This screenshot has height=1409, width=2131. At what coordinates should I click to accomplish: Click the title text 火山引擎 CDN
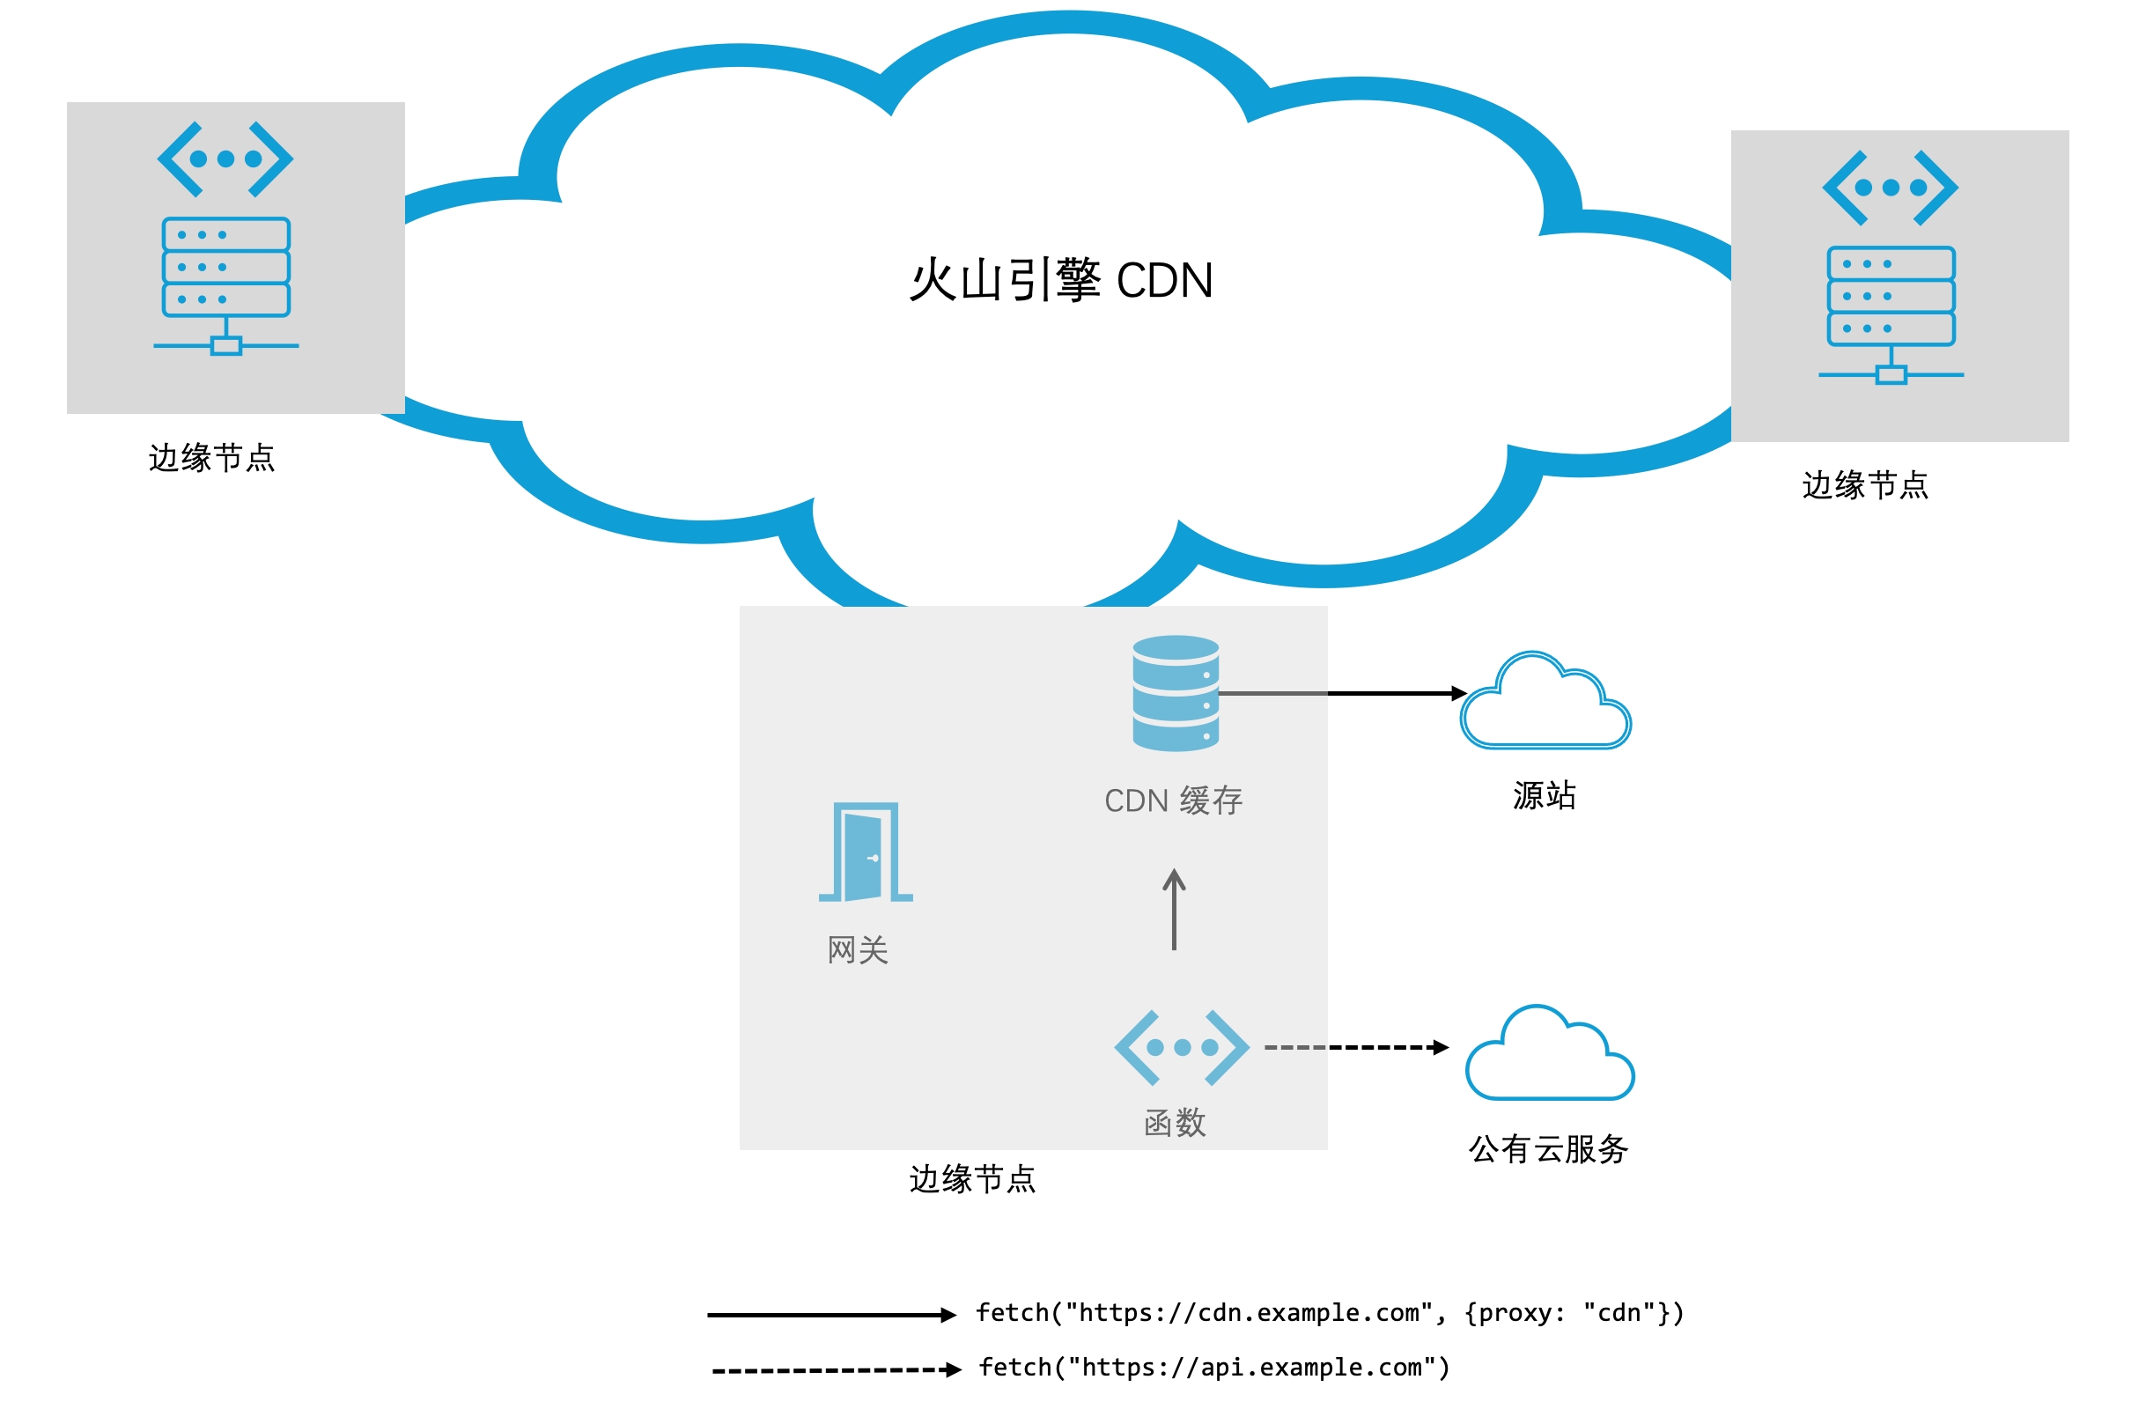coord(1060,279)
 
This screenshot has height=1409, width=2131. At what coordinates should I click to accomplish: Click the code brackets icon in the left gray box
coord(225,159)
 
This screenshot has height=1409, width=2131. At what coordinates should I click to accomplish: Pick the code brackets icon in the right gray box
coord(1890,188)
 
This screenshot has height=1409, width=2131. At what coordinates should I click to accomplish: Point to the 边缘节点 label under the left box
coord(212,457)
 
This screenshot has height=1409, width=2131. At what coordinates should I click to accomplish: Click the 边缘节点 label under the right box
coord(1865,485)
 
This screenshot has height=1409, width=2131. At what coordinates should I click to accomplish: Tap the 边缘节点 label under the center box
coord(972,1179)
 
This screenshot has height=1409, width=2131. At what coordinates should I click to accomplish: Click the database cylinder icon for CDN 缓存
coord(1175,693)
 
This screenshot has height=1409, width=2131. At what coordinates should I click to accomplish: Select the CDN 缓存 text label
coord(1173,800)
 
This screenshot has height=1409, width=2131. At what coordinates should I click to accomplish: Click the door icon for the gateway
coord(865,852)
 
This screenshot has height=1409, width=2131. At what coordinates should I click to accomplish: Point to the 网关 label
coord(858,950)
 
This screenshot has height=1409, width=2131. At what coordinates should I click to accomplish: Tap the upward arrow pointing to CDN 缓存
coord(1173,910)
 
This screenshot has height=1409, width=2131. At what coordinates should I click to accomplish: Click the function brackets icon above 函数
coord(1182,1047)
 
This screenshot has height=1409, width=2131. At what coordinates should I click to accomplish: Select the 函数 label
coord(1175,1122)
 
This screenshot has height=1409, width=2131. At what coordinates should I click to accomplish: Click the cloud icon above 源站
coord(1545,703)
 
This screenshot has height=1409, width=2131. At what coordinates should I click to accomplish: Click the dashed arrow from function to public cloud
coord(1355,1047)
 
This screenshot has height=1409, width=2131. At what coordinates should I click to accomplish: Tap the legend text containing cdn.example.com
coord(1330,1313)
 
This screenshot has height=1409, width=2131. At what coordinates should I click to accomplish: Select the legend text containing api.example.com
coord(1213,1368)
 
